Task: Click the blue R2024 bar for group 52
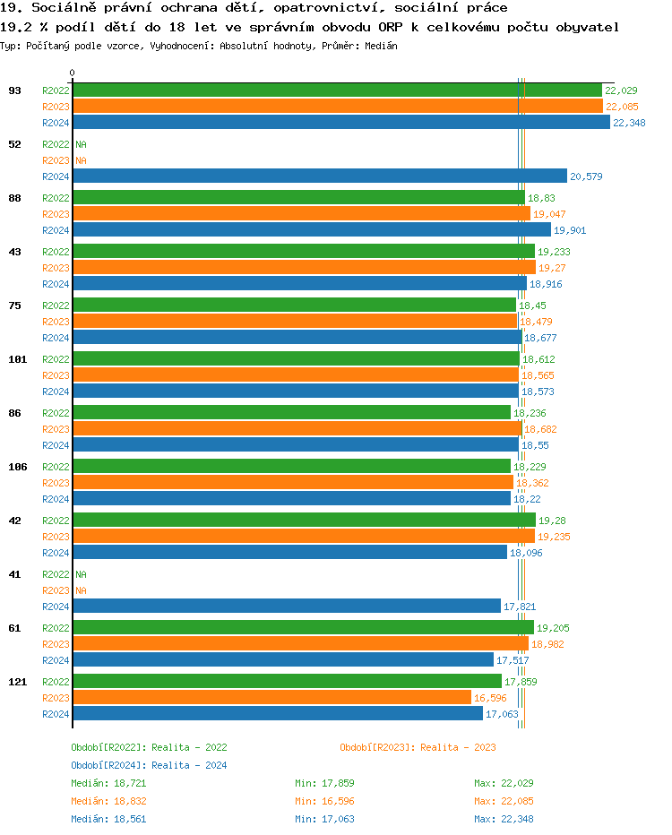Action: point(319,176)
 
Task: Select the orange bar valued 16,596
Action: point(271,698)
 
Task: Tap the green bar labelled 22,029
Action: point(337,90)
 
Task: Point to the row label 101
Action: point(17,359)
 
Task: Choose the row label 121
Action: point(17,682)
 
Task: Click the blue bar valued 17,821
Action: point(286,607)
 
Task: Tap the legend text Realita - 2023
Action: point(458,747)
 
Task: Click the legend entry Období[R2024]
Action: point(109,765)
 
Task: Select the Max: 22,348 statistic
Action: point(504,819)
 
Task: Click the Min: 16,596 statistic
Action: point(324,801)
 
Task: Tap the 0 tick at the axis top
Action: point(73,73)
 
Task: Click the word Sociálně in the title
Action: point(65,8)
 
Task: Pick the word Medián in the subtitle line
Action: point(381,46)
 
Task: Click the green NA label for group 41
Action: point(81,574)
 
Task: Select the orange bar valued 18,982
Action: point(300,644)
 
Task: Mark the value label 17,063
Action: point(502,715)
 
